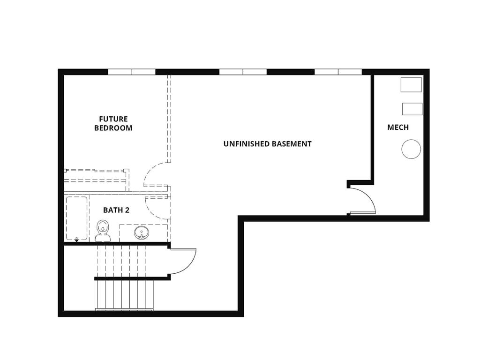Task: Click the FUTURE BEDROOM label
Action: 113,123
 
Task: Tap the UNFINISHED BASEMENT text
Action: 267,144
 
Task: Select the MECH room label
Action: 398,127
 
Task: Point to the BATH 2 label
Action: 116,210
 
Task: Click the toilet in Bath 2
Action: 103,230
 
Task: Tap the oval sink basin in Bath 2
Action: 141,232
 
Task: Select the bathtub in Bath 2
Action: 76,218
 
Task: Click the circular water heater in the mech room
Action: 411,149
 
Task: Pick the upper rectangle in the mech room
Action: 411,85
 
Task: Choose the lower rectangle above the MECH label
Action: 412,109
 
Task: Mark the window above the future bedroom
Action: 132,72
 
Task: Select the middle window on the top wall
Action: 243,72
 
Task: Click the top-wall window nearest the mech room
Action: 338,72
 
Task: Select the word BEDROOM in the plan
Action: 113,128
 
